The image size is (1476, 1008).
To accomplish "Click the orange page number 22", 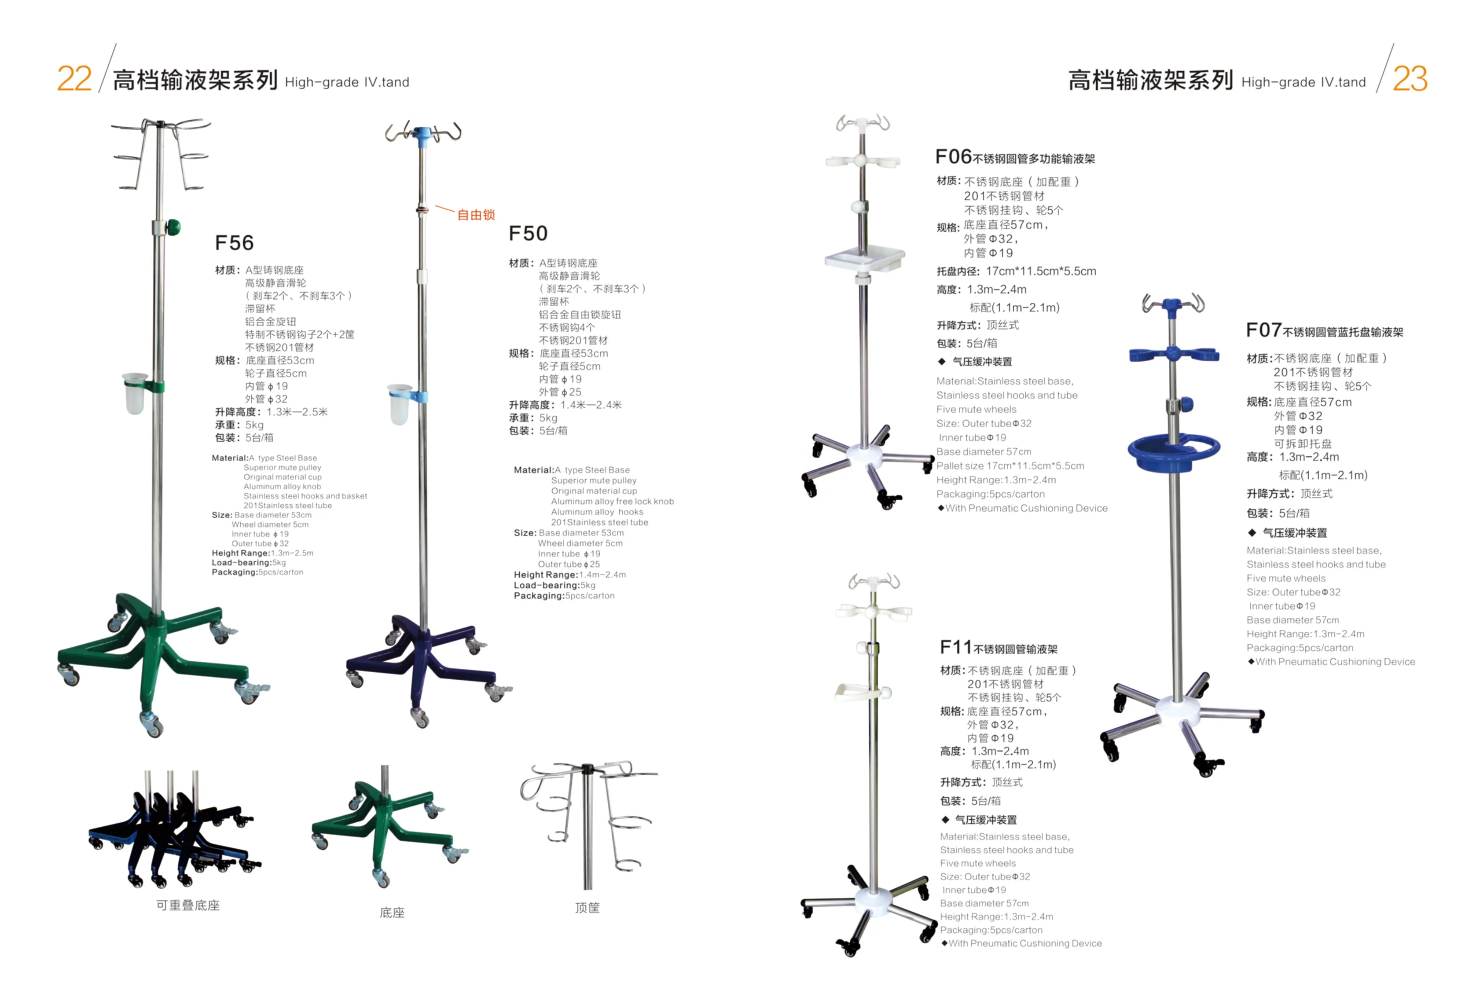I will tap(74, 79).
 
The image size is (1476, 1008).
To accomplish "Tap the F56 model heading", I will tap(234, 242).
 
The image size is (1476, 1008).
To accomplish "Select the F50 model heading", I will tap(528, 233).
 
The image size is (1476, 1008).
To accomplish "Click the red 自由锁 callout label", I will tap(476, 215).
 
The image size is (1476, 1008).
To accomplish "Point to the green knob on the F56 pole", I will tap(173, 227).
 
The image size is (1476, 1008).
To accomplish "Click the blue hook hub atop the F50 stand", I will tap(421, 135).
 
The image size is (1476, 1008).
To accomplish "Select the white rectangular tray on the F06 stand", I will tap(864, 258).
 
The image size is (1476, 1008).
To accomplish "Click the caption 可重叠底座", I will tap(188, 905).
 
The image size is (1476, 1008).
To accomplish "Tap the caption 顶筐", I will tap(587, 908).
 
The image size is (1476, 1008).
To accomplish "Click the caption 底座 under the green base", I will tap(392, 913).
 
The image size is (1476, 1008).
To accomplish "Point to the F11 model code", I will tap(956, 647).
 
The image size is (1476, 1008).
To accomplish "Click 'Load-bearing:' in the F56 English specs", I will tap(241, 563).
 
